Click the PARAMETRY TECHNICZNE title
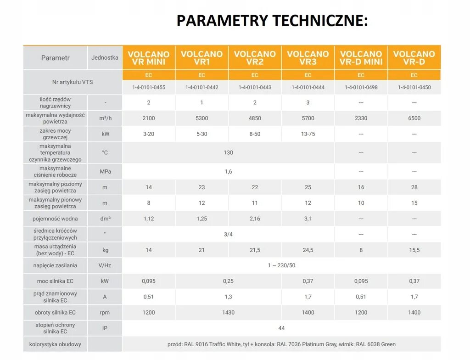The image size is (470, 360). click(272, 21)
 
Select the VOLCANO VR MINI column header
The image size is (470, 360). click(149, 58)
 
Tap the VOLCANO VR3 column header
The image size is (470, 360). click(308, 58)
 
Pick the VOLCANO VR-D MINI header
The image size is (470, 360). click(361, 58)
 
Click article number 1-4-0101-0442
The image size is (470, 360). click(202, 87)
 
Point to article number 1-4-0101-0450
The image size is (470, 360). click(414, 87)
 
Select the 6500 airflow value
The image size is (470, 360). click(414, 118)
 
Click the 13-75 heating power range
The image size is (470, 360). click(308, 134)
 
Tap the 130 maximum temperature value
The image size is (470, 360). click(228, 152)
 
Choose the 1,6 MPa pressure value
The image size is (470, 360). click(228, 172)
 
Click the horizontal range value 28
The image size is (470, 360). click(414, 187)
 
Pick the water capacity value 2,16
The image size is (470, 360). click(255, 219)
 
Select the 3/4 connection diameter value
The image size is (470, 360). click(228, 234)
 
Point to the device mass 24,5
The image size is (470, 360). click(308, 250)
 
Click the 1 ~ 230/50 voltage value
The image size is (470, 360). click(281, 265)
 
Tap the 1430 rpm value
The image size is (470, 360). click(228, 313)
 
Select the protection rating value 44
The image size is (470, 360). click(281, 328)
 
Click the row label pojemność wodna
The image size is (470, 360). click(56, 219)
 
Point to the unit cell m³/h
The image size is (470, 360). click(105, 118)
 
